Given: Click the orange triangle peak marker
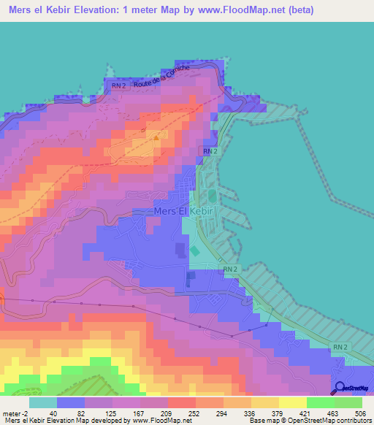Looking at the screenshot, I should (x=156, y=135).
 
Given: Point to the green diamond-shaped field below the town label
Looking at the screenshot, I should (x=194, y=251).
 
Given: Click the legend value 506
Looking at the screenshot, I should (x=360, y=412).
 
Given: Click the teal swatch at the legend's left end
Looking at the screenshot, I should (x=43, y=402).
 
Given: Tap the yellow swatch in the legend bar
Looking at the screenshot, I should (x=292, y=402).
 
